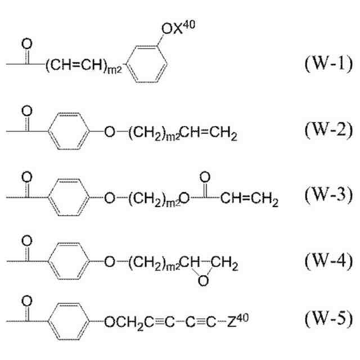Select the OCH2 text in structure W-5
[124, 323]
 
